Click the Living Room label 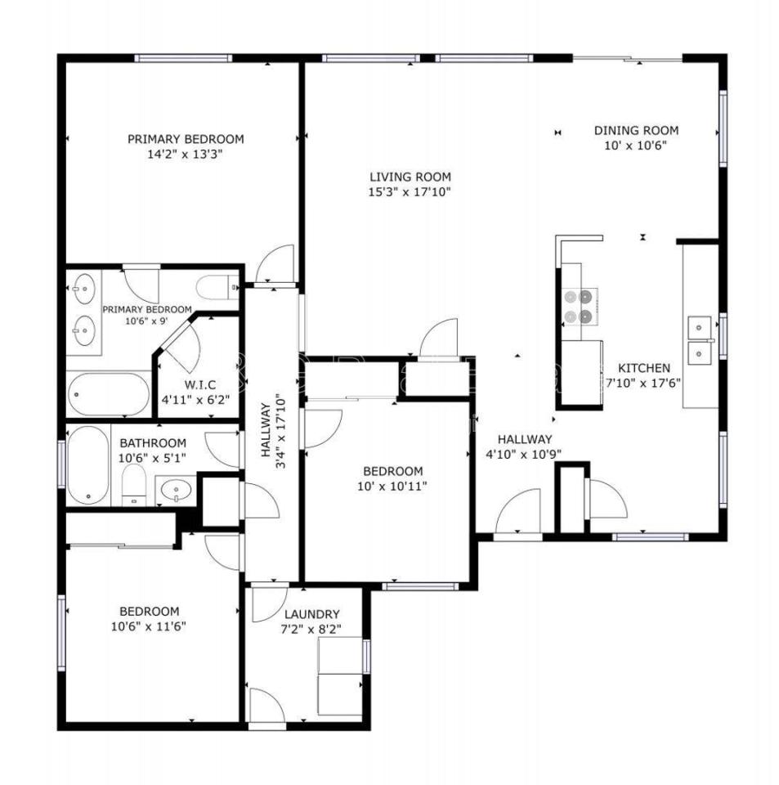pos(410,177)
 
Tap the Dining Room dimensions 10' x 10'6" pos(636,146)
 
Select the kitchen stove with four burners pos(580,307)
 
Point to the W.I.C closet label pos(200,385)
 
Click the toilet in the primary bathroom pos(217,287)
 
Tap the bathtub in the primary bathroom pos(109,394)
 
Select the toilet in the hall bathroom pos(134,485)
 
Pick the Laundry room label pos(312,614)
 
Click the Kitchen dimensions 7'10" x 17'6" pos(643,383)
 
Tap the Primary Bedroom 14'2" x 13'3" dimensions pos(185,154)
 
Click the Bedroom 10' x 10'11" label pos(392,471)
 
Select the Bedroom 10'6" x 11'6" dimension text pos(149,626)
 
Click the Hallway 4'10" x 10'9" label pos(524,440)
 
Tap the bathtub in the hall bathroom pos(88,465)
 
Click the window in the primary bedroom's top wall pos(184,58)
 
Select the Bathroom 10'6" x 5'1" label pos(153,443)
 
